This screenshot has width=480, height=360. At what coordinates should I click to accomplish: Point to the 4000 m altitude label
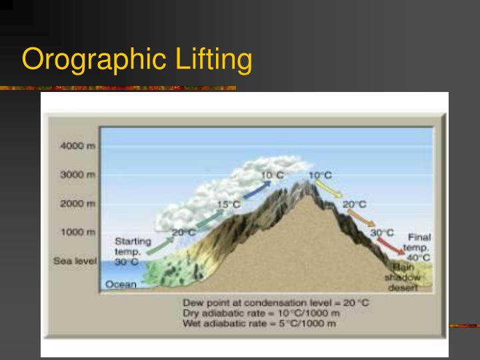(x=78, y=146)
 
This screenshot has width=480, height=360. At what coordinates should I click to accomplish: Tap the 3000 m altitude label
(x=78, y=175)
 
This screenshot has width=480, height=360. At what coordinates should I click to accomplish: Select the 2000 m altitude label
(x=78, y=203)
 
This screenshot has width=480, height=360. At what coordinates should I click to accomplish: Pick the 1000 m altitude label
(x=78, y=232)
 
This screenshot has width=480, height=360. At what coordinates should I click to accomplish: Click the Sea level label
(x=75, y=261)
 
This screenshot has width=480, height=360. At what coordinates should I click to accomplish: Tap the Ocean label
(x=121, y=285)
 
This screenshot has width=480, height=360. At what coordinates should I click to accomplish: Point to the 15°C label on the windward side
(x=229, y=204)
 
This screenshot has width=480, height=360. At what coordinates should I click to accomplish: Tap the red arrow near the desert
(x=393, y=246)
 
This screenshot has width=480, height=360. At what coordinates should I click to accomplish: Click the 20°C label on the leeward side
(x=355, y=204)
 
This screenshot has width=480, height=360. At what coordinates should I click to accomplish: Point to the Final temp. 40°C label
(x=419, y=247)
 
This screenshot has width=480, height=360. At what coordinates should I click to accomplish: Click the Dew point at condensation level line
(x=275, y=303)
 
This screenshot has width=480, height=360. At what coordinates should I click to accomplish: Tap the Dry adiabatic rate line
(x=262, y=313)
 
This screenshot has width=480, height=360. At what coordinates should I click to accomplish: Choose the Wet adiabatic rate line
(x=259, y=324)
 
